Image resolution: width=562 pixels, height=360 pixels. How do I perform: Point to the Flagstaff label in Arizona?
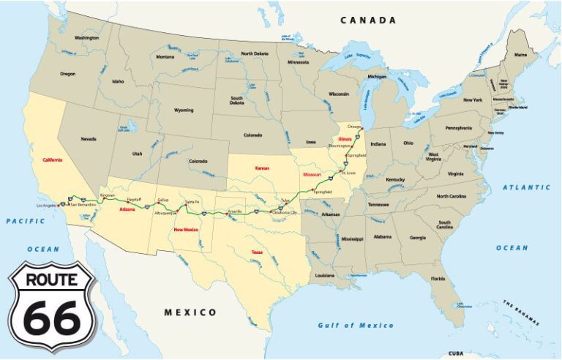(133, 199)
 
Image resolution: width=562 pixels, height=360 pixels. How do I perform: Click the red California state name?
(53, 160)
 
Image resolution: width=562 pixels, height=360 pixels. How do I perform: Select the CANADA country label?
(368, 20)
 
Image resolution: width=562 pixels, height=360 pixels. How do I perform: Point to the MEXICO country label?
(190, 312)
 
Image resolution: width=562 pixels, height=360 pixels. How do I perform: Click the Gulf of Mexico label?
(356, 325)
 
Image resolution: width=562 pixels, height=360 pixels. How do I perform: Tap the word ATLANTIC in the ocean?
(525, 187)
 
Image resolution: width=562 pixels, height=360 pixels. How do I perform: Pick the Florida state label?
(438, 279)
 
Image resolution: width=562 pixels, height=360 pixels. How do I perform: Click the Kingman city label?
(108, 196)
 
